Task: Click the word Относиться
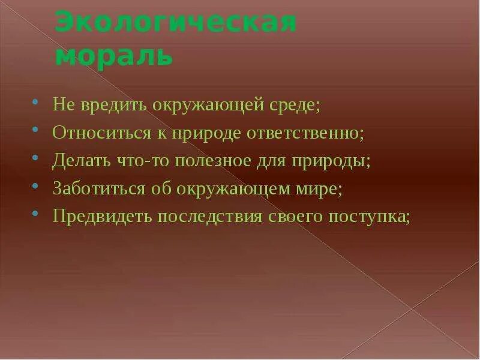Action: [x=97, y=133]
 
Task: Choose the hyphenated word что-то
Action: [x=142, y=161]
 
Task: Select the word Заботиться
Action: [x=99, y=188]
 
